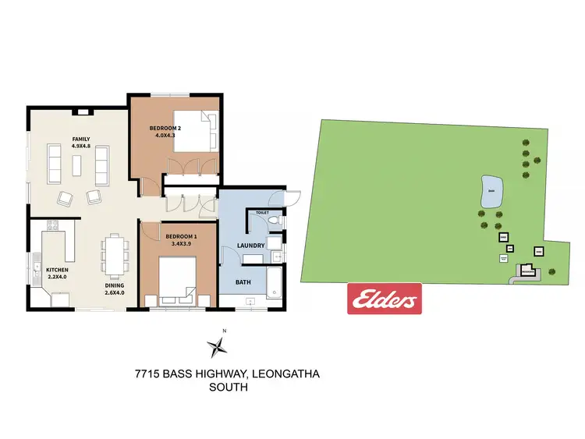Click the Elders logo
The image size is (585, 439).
(384, 299)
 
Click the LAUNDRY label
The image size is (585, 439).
(251, 246)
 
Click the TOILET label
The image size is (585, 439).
(261, 212)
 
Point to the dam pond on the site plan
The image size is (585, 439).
(491, 193)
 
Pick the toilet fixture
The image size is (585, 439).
(273, 223)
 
